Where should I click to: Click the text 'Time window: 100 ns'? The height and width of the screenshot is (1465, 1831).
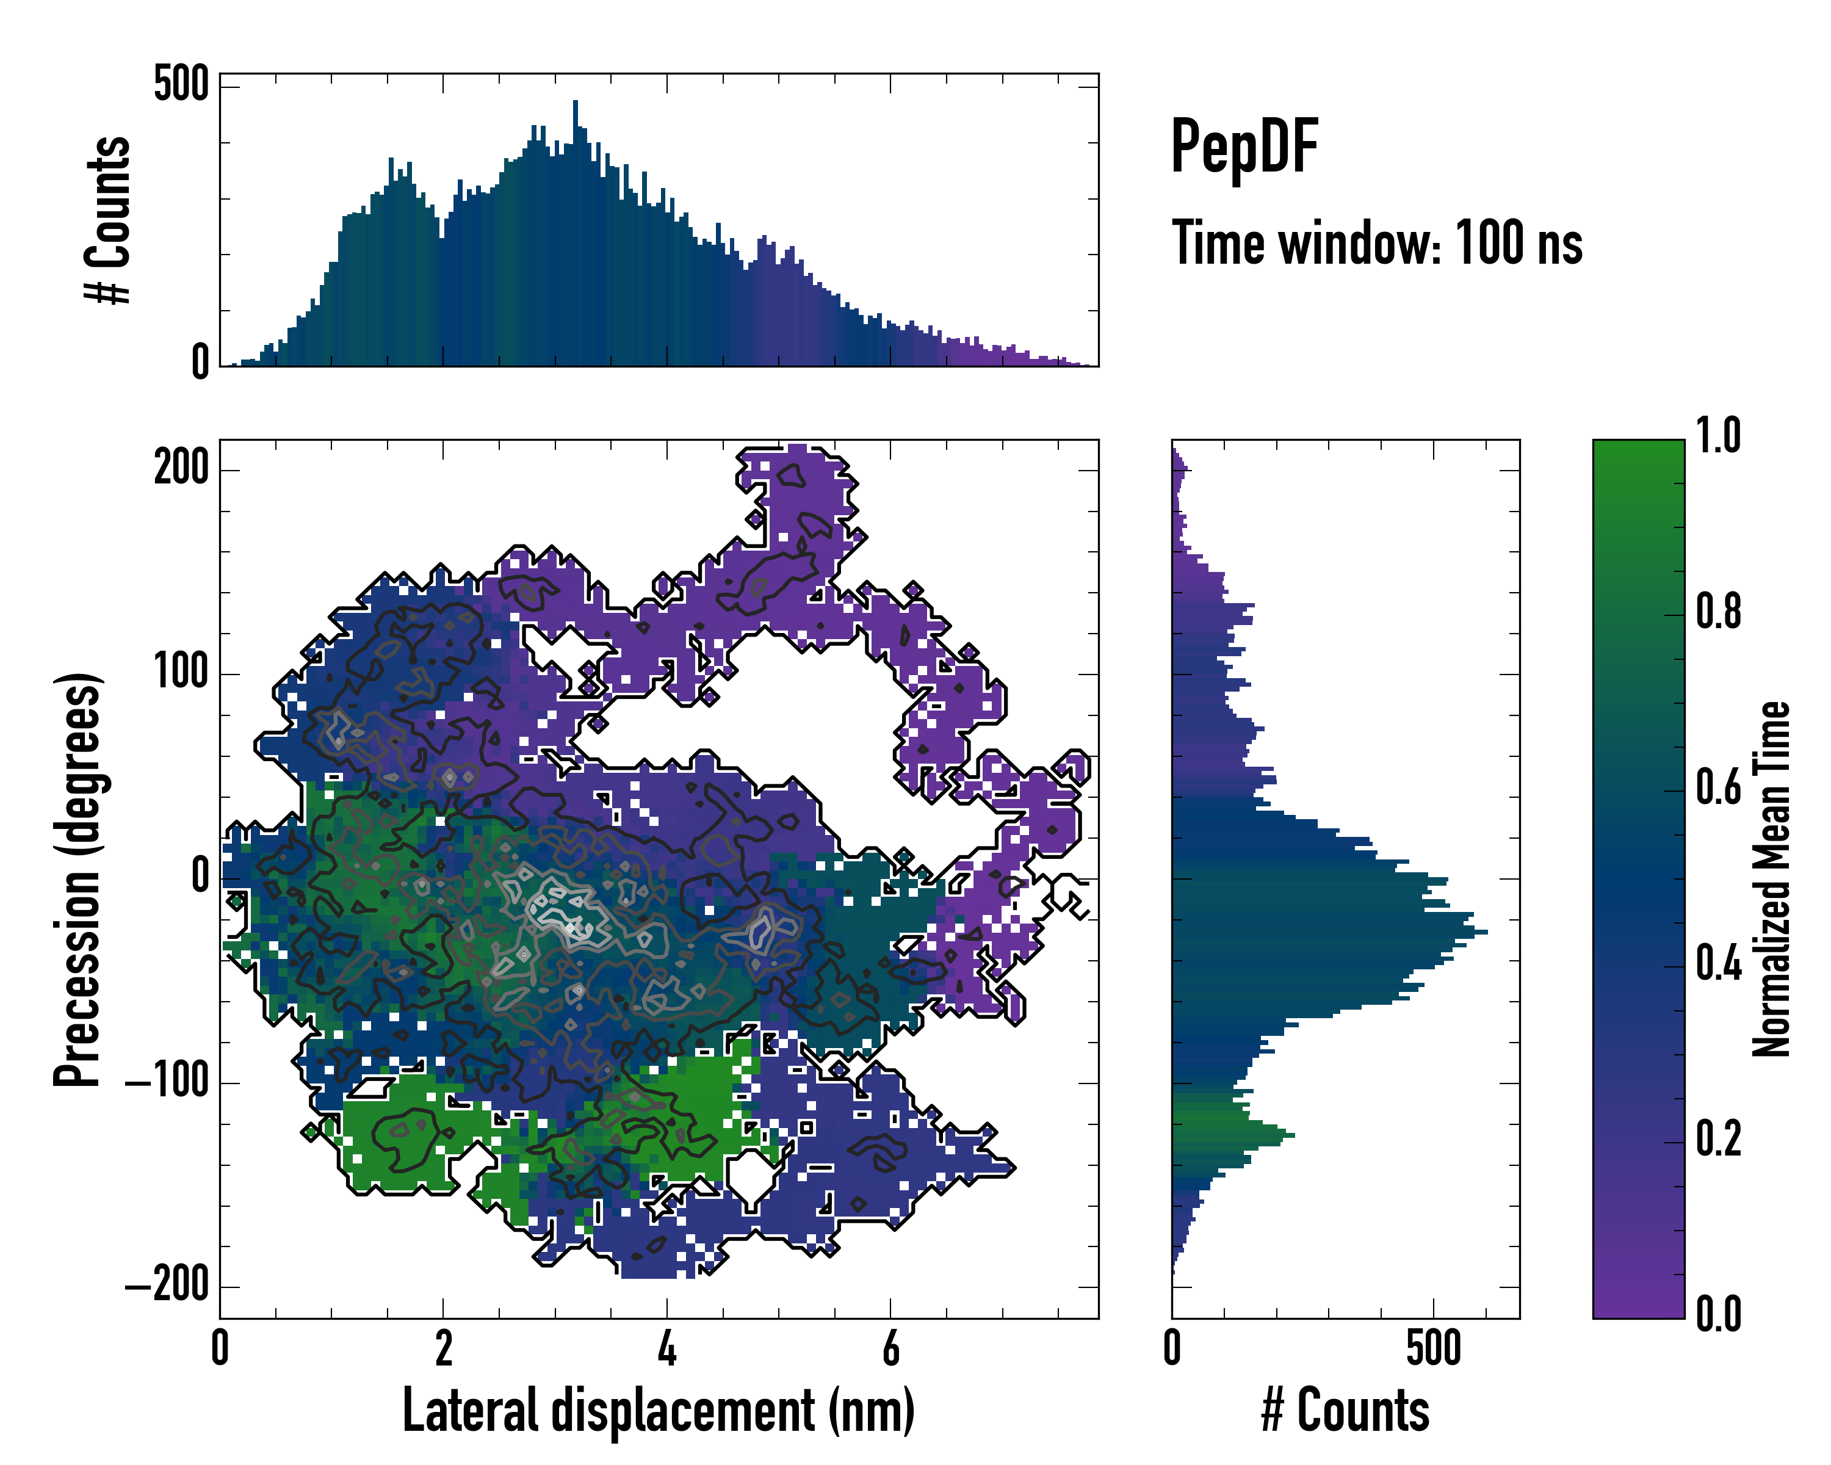coord(1377,244)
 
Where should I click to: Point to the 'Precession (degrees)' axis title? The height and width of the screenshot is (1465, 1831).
coord(78,879)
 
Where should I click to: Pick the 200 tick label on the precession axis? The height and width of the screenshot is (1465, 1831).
coord(181,468)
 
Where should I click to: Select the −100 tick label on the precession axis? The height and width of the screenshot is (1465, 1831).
coord(167,1082)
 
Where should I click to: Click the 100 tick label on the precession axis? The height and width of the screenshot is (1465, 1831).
coord(181,673)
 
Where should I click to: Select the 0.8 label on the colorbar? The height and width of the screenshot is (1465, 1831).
coord(1718,612)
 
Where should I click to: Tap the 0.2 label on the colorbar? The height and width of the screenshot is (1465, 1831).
coord(1718,1140)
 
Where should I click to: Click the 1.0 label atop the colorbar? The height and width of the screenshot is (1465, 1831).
coord(1718,436)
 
